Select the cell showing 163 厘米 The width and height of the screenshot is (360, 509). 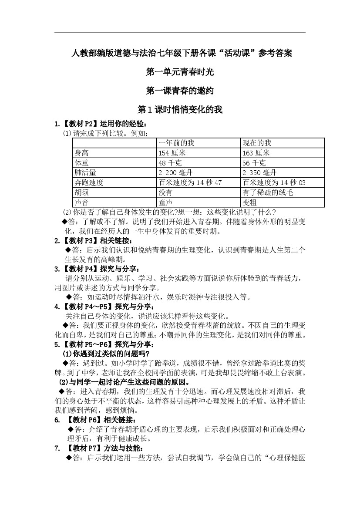256,153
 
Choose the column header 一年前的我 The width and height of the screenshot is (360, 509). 176,143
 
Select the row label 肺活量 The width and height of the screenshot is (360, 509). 85,173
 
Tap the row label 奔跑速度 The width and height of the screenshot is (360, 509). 89,183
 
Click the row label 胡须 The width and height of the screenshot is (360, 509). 82,192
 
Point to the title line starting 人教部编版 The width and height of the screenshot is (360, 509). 180,53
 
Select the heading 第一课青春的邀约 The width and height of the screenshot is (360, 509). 180,91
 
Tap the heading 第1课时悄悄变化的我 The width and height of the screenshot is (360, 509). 180,110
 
